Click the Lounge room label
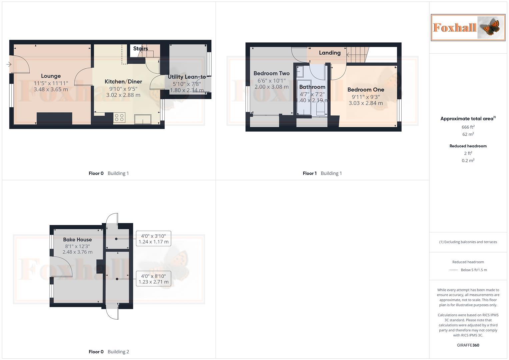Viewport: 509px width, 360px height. click(51, 76)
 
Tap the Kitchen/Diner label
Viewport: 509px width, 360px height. click(123, 82)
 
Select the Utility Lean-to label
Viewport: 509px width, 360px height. click(187, 77)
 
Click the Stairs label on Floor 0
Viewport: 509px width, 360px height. click(140, 49)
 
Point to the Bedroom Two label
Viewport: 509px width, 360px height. click(271, 73)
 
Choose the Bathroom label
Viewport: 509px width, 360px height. click(312, 87)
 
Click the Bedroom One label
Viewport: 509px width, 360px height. click(366, 90)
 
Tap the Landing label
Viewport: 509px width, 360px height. click(330, 53)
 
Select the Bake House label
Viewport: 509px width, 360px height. click(77, 240)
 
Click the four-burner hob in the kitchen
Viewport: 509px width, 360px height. click(119, 118)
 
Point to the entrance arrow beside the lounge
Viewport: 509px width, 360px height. click(9, 64)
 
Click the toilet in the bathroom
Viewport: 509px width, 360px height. click(320, 108)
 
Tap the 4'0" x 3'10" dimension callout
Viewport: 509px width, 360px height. click(153, 239)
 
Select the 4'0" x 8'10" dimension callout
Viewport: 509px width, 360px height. click(153, 279)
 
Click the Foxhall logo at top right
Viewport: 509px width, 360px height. click(468, 27)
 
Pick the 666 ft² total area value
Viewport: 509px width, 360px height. click(468, 127)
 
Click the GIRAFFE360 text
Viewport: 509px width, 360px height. click(468, 345)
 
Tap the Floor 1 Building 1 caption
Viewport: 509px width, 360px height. click(322, 173)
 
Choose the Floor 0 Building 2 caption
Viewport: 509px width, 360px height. click(109, 352)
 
